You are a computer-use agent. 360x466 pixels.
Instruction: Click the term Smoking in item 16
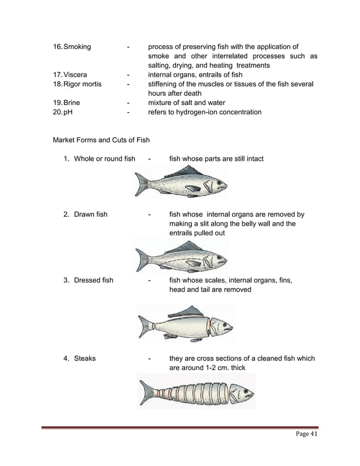click(77, 47)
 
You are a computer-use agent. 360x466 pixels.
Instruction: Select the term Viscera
click(76, 74)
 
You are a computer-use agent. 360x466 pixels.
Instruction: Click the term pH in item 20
click(68, 112)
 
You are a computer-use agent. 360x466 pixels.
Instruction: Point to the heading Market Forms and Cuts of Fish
click(101, 140)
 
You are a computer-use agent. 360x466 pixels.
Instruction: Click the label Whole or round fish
click(104, 159)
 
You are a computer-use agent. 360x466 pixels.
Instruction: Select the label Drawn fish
click(90, 214)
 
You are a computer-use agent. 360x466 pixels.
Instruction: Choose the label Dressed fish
click(94, 280)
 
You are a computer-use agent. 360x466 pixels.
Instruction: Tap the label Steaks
click(85, 358)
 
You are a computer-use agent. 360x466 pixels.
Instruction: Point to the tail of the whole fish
click(142, 184)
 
